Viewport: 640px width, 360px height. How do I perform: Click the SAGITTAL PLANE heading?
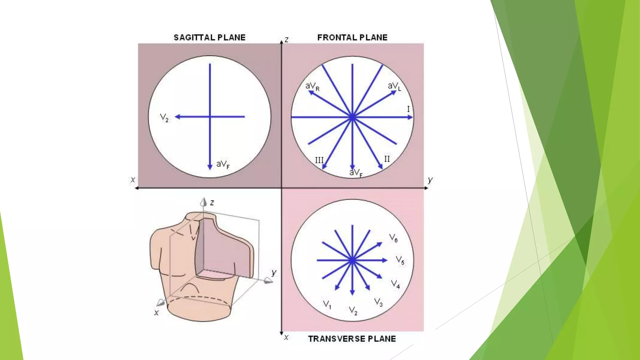209,37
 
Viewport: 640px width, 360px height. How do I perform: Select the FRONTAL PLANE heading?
352,37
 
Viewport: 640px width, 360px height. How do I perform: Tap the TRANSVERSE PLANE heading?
352,339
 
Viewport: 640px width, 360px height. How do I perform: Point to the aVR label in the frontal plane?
312,86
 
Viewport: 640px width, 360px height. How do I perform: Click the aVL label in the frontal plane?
394,86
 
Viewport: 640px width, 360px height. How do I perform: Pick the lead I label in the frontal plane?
408,109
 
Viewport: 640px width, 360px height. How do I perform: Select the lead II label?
387,159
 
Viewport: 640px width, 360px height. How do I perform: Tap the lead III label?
319,160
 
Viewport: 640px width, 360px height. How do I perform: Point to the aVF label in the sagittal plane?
223,164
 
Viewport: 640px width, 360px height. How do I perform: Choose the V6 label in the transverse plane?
393,238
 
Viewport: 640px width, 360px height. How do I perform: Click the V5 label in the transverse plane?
400,260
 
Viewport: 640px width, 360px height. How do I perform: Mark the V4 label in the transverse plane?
396,284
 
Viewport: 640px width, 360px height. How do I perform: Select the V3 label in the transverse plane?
378,302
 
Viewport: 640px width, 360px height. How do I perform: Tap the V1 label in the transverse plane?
327,304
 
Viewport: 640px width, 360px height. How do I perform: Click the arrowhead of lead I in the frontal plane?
410,117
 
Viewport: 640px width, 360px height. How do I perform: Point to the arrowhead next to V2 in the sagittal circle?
177,117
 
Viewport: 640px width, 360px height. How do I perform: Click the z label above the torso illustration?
212,202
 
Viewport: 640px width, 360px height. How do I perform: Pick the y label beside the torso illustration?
274,272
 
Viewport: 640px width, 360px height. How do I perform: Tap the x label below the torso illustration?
157,312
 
